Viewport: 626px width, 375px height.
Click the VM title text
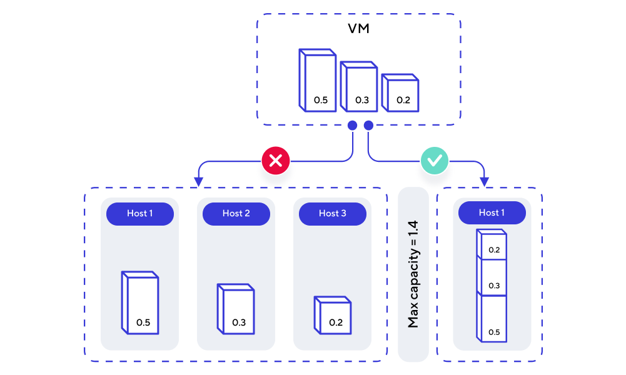[358, 29]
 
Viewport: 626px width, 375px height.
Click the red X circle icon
[276, 161]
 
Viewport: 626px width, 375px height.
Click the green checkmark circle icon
[434, 161]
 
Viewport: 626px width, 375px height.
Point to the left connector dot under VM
[352, 126]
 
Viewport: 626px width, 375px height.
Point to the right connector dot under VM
[368, 126]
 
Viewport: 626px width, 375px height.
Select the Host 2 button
[236, 214]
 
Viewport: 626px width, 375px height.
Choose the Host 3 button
[332, 214]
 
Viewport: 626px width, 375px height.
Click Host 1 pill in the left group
[139, 214]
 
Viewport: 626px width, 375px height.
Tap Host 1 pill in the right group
[492, 213]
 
